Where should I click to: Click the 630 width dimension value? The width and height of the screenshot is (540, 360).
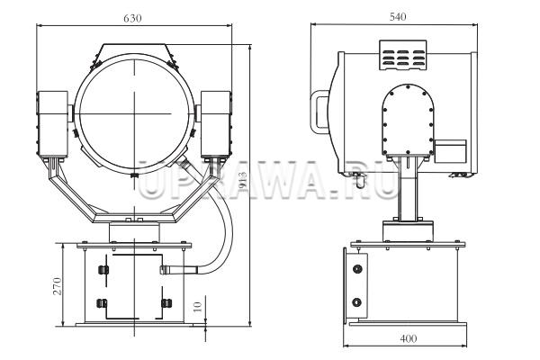coord(132,18)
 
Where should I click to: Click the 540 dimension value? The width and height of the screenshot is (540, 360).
coord(398,16)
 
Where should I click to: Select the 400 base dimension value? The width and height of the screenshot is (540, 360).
coord(409,339)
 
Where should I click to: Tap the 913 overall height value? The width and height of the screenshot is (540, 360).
coord(242,181)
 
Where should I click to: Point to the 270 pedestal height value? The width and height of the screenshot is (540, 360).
coord(58,286)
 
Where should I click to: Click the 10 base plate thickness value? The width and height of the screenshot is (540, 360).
coord(198,307)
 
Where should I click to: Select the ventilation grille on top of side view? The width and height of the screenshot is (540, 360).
coord(403,55)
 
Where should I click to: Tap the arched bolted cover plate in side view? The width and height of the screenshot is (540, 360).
coord(408,120)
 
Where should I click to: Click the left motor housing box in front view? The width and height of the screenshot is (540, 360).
coord(52,124)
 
